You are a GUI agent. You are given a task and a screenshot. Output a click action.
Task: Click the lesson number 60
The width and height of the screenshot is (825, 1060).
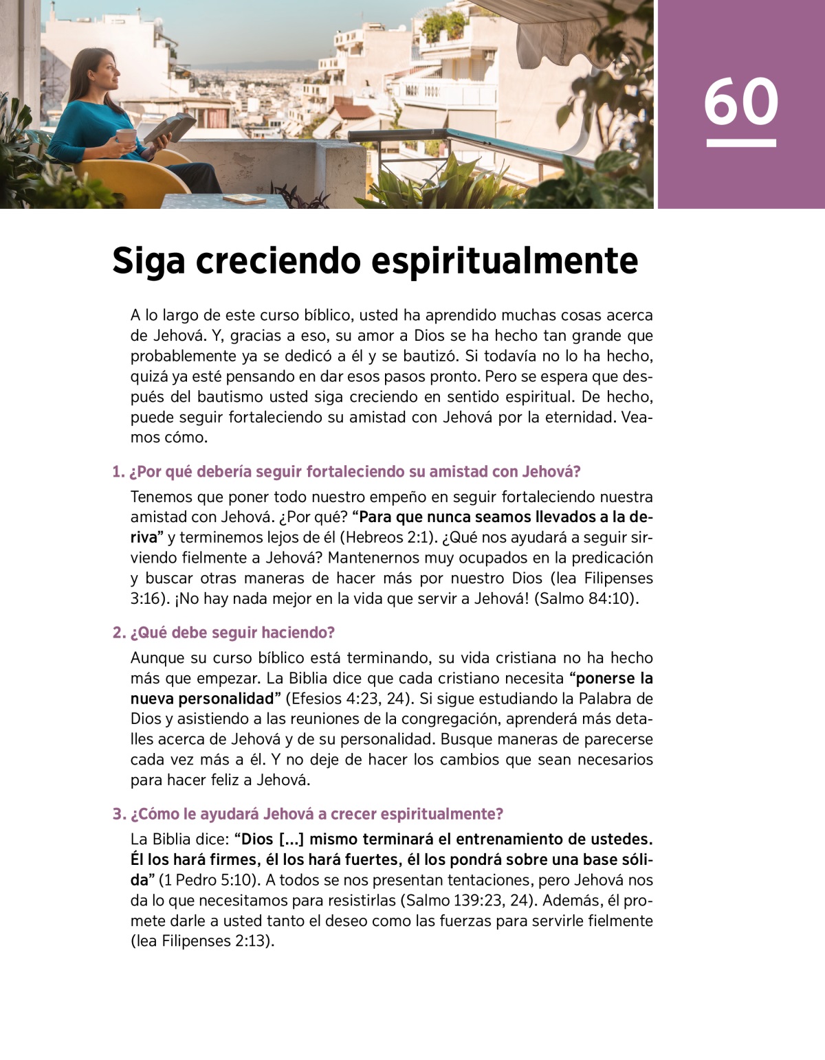[740, 102]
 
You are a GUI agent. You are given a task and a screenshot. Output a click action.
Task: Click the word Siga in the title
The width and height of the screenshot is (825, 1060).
[148, 262]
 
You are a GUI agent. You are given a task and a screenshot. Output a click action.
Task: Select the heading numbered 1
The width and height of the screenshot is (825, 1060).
[346, 472]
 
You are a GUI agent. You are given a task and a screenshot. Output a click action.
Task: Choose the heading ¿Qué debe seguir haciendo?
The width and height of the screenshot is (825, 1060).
[223, 633]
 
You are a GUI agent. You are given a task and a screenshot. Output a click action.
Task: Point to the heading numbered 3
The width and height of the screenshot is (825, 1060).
[308, 814]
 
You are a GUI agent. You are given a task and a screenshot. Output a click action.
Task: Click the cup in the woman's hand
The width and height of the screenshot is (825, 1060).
[125, 136]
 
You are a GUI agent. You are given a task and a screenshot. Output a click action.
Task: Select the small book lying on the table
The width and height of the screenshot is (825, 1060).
[244, 199]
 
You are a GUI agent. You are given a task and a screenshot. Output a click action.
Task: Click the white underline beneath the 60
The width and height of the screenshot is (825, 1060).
[740, 143]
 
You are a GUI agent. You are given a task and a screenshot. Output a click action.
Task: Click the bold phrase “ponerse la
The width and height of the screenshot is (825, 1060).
[611, 679]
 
